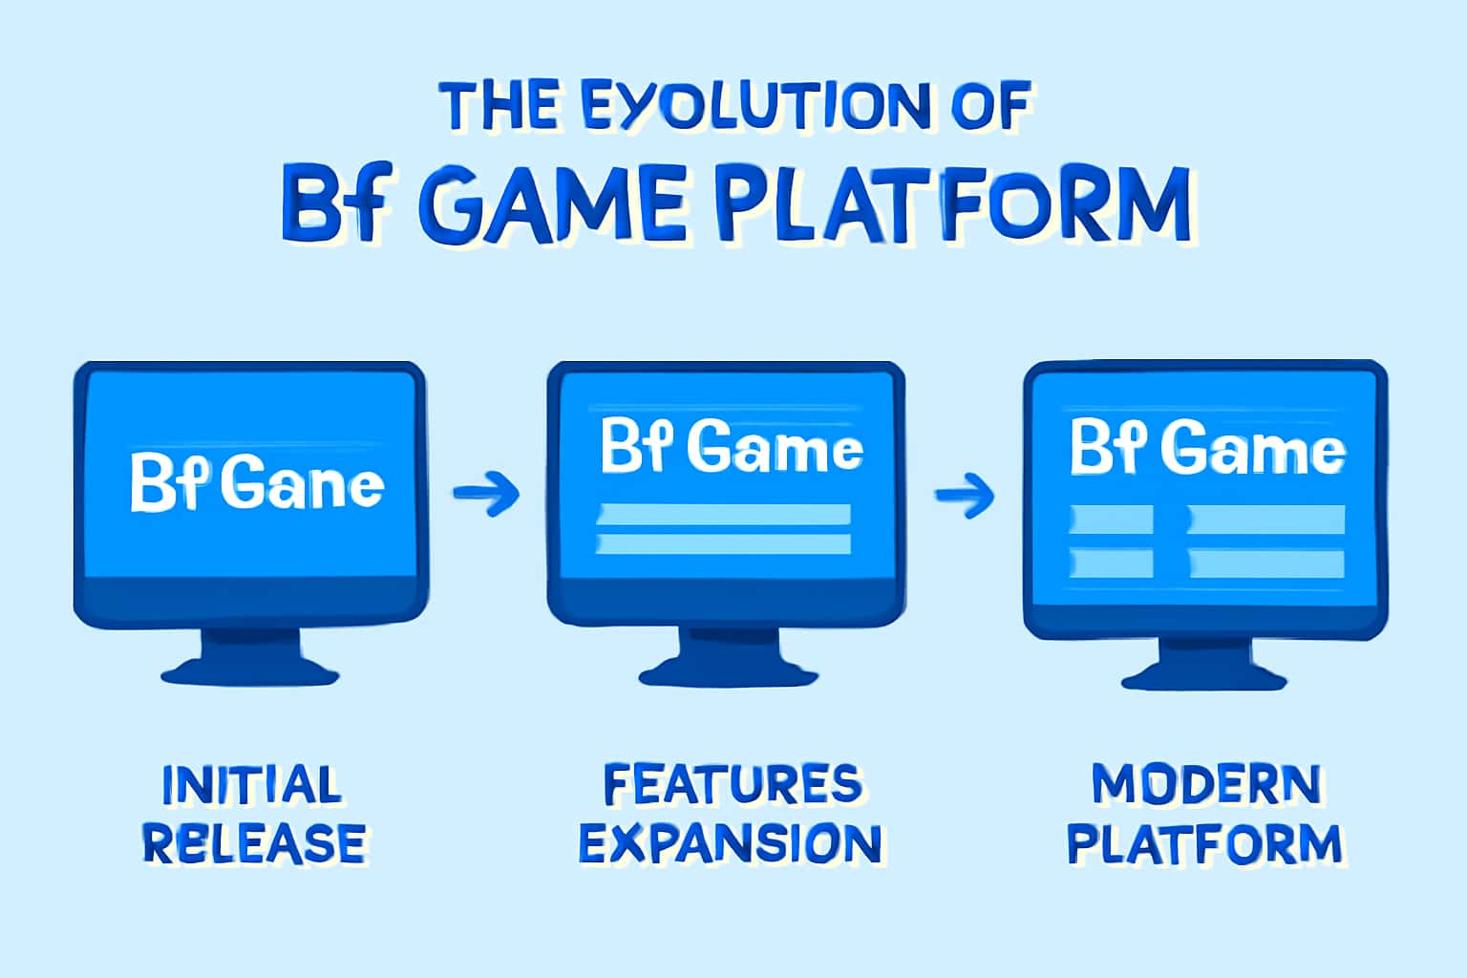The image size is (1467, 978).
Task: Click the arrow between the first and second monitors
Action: [486, 493]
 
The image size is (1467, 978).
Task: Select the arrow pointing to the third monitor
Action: [965, 494]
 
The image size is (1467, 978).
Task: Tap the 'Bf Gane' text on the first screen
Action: [256, 484]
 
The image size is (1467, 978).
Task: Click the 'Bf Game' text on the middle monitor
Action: [732, 446]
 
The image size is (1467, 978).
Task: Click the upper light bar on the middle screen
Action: [723, 515]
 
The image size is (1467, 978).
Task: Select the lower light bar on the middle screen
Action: [723, 544]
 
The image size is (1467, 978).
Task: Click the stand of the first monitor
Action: [250, 657]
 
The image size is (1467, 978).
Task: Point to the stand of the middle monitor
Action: [727, 657]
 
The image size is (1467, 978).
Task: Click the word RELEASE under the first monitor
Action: [254, 843]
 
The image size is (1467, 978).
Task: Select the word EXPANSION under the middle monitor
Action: [730, 844]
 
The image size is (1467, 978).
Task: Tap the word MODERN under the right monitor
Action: [1206, 785]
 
